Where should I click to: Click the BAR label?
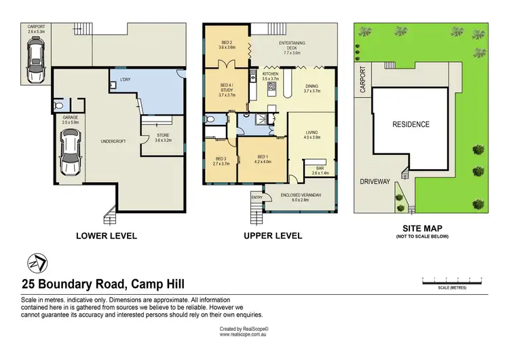319,170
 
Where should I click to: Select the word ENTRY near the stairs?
257,197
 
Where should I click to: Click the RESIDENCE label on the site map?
411,124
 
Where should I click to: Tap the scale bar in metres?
451,279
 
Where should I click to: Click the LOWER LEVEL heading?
108,236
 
